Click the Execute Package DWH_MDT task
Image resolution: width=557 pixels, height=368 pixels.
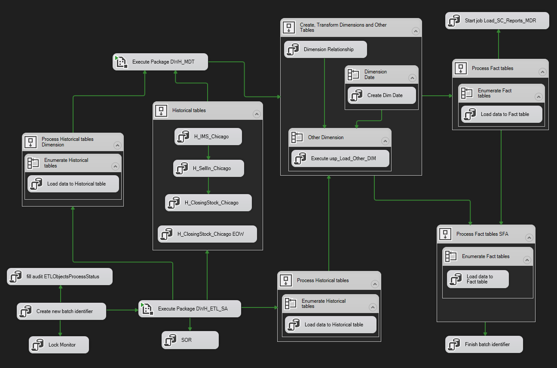click(161, 62)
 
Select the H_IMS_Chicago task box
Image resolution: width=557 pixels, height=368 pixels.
click(208, 137)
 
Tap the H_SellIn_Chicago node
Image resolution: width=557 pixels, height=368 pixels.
click(209, 168)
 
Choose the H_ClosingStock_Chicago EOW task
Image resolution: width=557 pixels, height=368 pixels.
click(208, 234)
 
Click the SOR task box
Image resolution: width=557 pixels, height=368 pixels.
click(190, 340)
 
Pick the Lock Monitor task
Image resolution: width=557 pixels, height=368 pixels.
click(59, 345)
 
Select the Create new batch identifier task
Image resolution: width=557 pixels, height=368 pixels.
click(61, 311)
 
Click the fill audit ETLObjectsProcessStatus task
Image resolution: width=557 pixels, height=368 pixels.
click(60, 277)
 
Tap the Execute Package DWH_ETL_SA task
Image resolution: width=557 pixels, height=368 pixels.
click(190, 309)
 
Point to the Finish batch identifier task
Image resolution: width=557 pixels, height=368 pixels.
click(484, 344)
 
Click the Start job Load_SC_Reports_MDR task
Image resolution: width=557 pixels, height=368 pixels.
click(497, 21)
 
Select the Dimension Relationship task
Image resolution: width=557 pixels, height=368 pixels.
click(326, 49)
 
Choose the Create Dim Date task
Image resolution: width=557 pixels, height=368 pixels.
click(382, 95)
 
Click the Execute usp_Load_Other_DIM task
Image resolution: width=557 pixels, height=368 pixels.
click(340, 158)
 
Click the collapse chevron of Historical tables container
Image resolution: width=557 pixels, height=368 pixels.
click(257, 114)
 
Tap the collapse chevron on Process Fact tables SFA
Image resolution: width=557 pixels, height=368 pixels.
click(529, 237)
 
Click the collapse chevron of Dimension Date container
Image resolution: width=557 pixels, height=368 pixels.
click(412, 78)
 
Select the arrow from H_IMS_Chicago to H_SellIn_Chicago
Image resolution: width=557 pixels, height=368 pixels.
click(208, 152)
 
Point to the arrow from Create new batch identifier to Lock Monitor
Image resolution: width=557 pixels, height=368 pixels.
click(60, 328)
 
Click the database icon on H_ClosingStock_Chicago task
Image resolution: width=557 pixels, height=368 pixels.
click(174, 203)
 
